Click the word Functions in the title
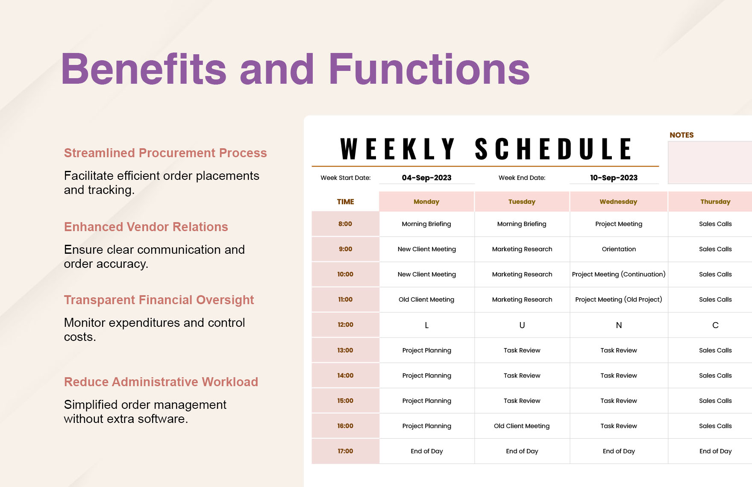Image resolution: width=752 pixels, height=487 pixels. pyautogui.click(x=429, y=69)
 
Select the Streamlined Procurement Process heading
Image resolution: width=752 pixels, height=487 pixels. pyautogui.click(x=165, y=153)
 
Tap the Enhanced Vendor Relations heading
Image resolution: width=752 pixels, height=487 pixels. pyautogui.click(x=146, y=227)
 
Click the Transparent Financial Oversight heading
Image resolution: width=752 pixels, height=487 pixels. pyautogui.click(x=159, y=300)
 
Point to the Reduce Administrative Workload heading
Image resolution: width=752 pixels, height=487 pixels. pyautogui.click(x=161, y=382)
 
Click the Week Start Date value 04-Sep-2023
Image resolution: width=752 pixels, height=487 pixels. pyautogui.click(x=426, y=178)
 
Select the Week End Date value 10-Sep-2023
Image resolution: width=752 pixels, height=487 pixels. pyautogui.click(x=614, y=178)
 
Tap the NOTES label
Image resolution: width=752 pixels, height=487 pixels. pyautogui.click(x=681, y=135)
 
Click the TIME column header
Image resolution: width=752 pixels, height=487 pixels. pyautogui.click(x=345, y=202)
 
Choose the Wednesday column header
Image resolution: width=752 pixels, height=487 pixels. pyautogui.click(x=618, y=202)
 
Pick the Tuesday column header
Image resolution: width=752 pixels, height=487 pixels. pyautogui.click(x=522, y=202)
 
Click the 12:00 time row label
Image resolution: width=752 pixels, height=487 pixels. pyautogui.click(x=345, y=325)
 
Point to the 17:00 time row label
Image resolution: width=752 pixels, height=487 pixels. pyautogui.click(x=345, y=451)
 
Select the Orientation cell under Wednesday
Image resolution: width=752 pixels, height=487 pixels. pyautogui.click(x=618, y=249)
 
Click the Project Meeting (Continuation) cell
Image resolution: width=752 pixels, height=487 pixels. pyautogui.click(x=618, y=274)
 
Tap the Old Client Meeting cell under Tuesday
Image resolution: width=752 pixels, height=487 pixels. pyautogui.click(x=522, y=426)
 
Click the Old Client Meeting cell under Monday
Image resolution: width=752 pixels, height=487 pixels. pyautogui.click(x=426, y=299)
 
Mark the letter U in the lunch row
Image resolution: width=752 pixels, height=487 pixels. pyautogui.click(x=522, y=325)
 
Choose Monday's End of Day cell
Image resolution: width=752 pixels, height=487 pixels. pyautogui.click(x=426, y=451)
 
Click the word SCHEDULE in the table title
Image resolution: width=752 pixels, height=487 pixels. pyautogui.click(x=553, y=149)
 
